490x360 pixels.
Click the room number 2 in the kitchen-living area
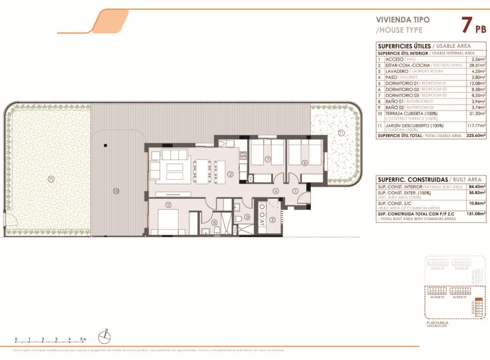click(229, 175)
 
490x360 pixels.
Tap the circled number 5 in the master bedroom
click(169, 204)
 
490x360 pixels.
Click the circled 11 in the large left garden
click(51, 179)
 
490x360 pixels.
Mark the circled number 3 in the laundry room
click(272, 220)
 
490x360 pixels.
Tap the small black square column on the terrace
click(105, 145)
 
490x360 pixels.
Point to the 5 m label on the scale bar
click(83, 339)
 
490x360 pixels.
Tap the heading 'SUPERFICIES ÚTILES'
click(404, 46)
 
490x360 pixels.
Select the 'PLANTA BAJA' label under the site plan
click(437, 323)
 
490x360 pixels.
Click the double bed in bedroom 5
click(167, 222)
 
